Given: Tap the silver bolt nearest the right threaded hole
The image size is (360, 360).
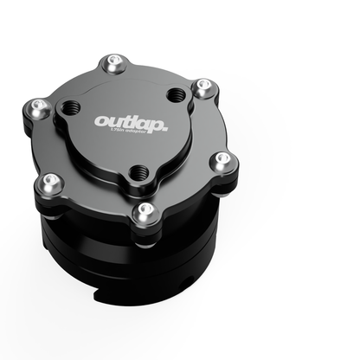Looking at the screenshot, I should pyautogui.click(x=202, y=87).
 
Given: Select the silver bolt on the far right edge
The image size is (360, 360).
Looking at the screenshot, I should pyautogui.click(x=222, y=159).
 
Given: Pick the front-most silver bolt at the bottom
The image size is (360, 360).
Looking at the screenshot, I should pyautogui.click(x=143, y=210).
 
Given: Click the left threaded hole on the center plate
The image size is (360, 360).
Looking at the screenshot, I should pyautogui.click(x=69, y=110).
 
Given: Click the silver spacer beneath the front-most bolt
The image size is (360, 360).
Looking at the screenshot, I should pyautogui.click(x=143, y=223).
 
